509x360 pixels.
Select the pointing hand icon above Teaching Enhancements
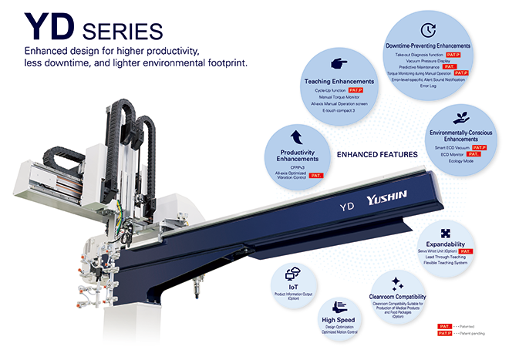(338, 65)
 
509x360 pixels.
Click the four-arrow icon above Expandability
(446, 233)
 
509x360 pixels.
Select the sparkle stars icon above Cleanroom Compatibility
(397, 283)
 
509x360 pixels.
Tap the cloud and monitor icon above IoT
(293, 273)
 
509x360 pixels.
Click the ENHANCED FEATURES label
(378, 154)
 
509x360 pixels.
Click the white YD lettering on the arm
(348, 207)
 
